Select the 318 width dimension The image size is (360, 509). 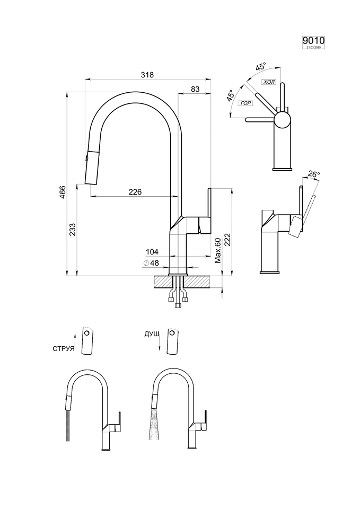[x=147, y=75]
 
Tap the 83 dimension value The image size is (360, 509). [x=195, y=90]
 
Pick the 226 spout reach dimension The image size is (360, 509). [x=135, y=192]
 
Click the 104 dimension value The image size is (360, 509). [x=153, y=251]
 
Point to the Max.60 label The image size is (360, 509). [x=217, y=250]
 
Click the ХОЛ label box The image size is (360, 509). [x=269, y=82]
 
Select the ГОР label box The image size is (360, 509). [x=245, y=103]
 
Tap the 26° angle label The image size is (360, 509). [x=314, y=174]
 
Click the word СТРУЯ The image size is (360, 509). [x=63, y=349]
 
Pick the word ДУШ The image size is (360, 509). [x=152, y=334]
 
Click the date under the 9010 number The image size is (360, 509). [x=313, y=48]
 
